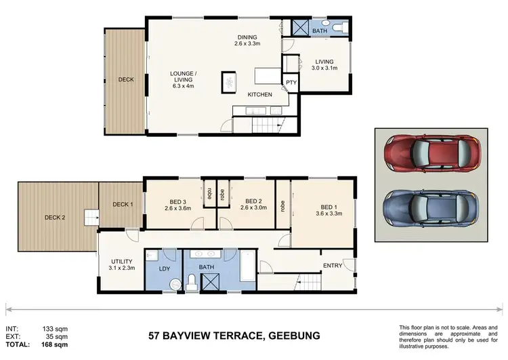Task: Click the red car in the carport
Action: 432,153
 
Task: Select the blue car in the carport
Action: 431,208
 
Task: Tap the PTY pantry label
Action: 291,83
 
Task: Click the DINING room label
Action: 247,37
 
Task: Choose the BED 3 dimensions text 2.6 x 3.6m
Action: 178,208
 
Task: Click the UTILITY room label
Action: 122,262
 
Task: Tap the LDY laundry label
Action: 165,268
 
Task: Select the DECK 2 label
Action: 55,218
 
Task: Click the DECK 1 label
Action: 123,204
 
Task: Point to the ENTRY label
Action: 333,266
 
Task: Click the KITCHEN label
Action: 260,94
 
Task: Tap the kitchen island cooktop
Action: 229,83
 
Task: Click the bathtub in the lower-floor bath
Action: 248,266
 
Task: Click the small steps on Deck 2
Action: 91,218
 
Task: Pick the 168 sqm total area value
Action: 54,344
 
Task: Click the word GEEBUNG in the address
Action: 294,336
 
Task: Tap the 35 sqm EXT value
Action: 57,337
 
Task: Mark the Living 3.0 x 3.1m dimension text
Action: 324,68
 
